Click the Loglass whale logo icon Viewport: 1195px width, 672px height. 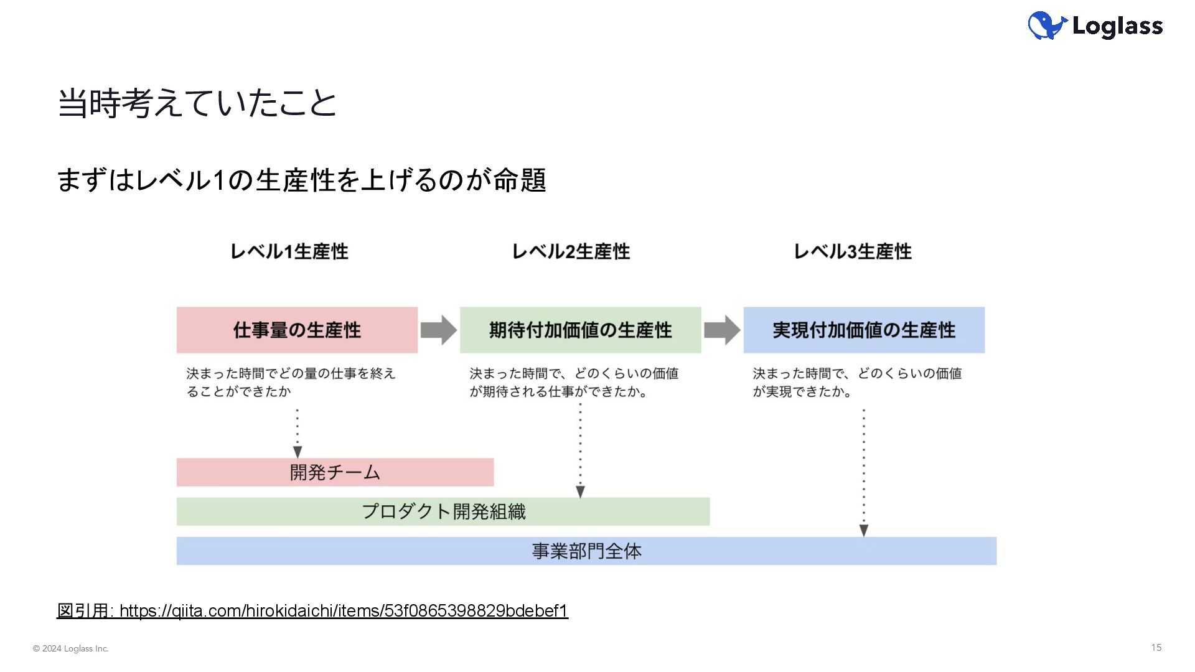(x=1048, y=26)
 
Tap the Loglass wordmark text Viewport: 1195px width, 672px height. (x=1118, y=26)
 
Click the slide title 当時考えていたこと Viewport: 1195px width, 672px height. (x=197, y=103)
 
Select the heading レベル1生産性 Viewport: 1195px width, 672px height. (x=289, y=251)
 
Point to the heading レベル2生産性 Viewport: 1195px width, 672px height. (x=571, y=251)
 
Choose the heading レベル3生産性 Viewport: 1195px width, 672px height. (x=853, y=251)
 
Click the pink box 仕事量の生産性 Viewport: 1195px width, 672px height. (x=297, y=330)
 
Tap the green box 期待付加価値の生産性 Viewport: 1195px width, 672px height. (x=581, y=330)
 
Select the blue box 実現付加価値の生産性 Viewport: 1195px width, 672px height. (x=864, y=330)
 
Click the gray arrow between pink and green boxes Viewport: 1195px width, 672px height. (x=439, y=330)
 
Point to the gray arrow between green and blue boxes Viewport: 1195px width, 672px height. (x=723, y=330)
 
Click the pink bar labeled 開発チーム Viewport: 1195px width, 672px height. (x=335, y=472)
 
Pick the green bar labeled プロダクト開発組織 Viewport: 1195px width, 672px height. (x=443, y=511)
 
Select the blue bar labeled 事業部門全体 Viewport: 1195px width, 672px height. (x=586, y=551)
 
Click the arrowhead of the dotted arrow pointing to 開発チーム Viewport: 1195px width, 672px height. (x=298, y=452)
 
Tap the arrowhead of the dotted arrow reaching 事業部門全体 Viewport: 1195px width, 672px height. (x=864, y=531)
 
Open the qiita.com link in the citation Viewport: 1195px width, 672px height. (x=344, y=611)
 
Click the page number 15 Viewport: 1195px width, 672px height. (x=1156, y=648)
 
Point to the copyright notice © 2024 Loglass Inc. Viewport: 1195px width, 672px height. (x=71, y=648)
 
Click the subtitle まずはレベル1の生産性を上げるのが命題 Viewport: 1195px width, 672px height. (x=302, y=180)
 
